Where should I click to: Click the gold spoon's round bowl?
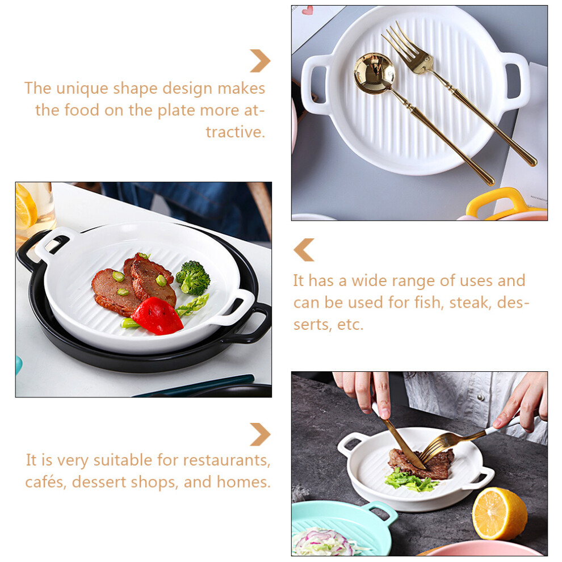374,73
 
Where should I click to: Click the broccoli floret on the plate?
193,278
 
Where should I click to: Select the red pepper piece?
157,316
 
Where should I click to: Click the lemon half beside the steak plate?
500,513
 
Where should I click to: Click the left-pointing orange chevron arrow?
304,250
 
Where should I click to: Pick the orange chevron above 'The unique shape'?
260,61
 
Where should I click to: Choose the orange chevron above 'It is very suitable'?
260,434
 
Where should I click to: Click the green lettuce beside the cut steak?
410,480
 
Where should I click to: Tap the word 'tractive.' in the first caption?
235,132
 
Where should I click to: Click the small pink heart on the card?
307,10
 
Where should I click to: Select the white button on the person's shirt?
481,397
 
